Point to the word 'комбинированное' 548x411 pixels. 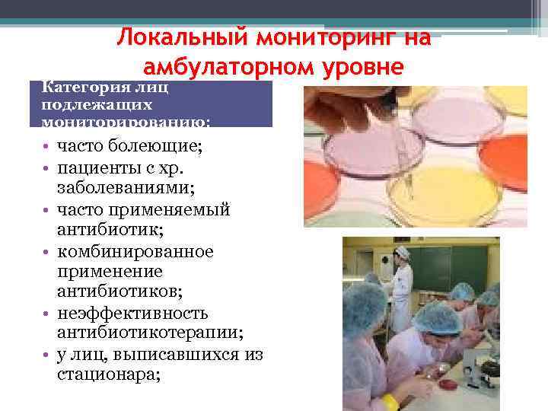pyautogui.click(x=135, y=250)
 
